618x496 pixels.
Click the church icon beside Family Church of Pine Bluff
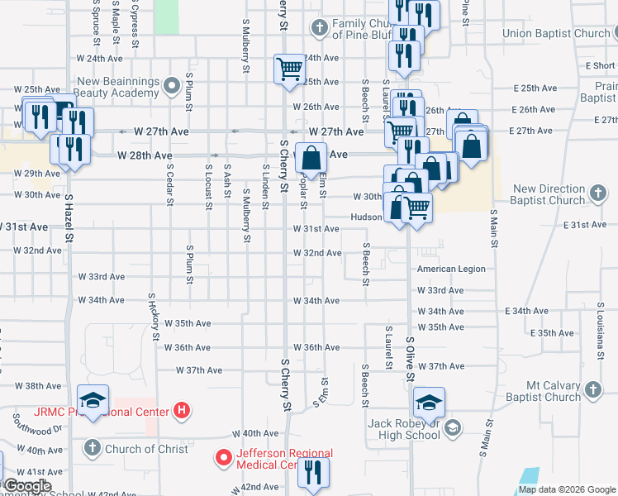[x=320, y=28]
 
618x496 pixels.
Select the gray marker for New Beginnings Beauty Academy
[x=172, y=84]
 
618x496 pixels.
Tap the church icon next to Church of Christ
[x=92, y=449]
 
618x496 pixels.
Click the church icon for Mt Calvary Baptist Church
[x=592, y=389]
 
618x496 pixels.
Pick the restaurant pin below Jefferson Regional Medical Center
[x=313, y=472]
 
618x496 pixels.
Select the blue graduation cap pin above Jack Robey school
[x=429, y=403]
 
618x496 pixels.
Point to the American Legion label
[x=451, y=269]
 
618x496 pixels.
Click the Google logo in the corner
[x=27, y=486]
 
